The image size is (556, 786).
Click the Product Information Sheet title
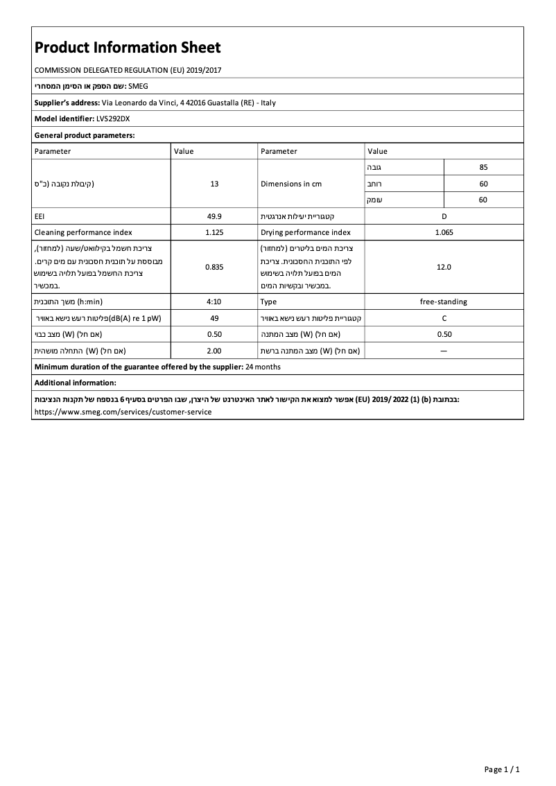click(128, 48)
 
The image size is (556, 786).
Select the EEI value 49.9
click(214, 216)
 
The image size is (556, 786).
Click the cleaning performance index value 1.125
click(214, 233)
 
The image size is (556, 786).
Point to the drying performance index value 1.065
click(444, 233)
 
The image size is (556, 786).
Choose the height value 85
click(483, 168)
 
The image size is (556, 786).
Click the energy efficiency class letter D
click(444, 216)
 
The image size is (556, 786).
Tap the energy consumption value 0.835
click(214, 267)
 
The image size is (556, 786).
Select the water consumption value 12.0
click(444, 267)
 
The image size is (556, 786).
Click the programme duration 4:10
click(214, 302)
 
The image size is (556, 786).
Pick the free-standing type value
click(444, 302)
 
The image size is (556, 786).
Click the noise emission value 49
click(214, 318)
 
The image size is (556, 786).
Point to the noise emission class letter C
click(444, 318)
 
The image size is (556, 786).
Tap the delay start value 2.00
click(214, 351)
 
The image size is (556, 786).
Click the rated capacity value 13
click(214, 184)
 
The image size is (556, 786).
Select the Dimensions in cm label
click(291, 184)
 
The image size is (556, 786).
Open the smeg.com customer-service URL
click(123, 411)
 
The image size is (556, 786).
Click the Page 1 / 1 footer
click(502, 769)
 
